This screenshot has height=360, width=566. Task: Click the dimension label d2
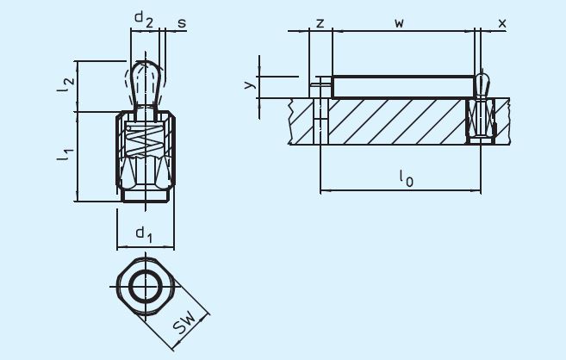point(143,20)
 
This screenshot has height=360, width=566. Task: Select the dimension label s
point(181,22)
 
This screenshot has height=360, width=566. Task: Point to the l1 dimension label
point(65,156)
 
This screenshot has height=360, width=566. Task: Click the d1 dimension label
point(144,233)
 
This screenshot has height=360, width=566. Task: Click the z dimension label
point(320,22)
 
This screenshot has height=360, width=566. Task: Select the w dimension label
point(399,22)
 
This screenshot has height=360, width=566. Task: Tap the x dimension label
point(502,22)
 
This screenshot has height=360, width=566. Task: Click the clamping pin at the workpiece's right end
point(482,84)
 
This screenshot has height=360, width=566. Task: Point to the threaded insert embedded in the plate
point(481,121)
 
